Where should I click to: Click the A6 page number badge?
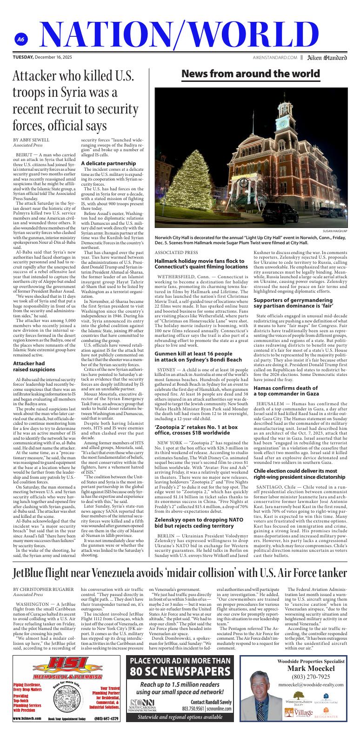point(20,40)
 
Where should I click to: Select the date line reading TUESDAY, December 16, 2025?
point(42,58)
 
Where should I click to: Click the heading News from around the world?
point(251,74)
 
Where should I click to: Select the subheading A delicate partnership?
point(108,163)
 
